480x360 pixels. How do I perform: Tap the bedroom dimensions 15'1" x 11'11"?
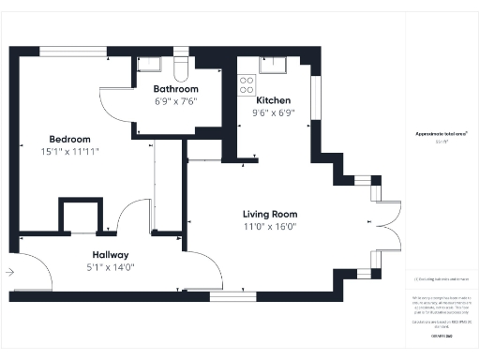tap(69, 150)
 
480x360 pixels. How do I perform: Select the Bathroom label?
tap(174, 89)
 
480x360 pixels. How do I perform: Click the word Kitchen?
tap(273, 100)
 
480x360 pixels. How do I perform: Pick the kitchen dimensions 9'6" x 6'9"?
tap(274, 112)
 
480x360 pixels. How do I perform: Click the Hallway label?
tap(110, 255)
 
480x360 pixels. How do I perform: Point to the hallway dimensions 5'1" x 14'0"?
tap(110, 267)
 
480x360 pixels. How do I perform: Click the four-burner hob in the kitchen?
tap(247, 84)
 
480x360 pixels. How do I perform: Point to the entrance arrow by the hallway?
tap(9, 272)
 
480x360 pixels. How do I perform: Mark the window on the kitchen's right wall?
tap(317, 97)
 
